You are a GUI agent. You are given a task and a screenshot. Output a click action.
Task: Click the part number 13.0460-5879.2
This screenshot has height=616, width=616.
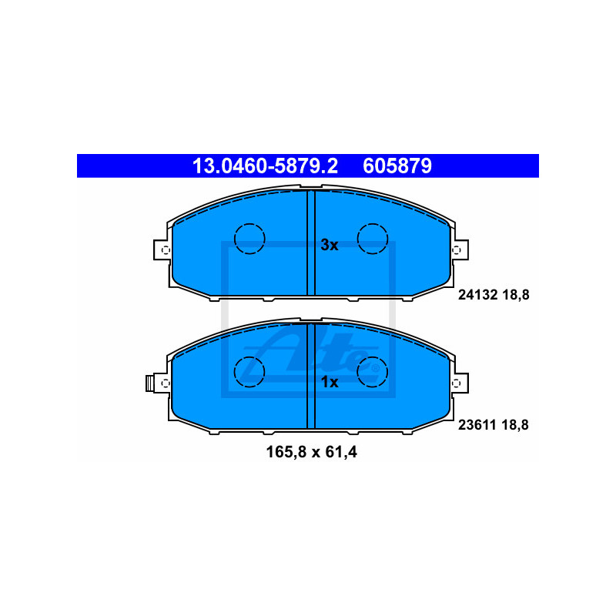click(265, 166)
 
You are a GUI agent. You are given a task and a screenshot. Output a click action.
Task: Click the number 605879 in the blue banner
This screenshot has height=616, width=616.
click(397, 166)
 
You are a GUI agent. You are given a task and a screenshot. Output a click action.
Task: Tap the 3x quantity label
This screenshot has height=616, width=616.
click(330, 245)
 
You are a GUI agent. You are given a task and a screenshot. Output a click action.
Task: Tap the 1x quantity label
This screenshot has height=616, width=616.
click(330, 382)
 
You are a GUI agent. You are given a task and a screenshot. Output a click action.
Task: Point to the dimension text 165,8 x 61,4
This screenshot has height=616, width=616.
click(312, 452)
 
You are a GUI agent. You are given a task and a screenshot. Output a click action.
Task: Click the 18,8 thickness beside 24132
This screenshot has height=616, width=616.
click(516, 295)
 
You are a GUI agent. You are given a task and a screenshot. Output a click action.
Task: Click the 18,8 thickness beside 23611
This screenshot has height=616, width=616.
click(516, 425)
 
